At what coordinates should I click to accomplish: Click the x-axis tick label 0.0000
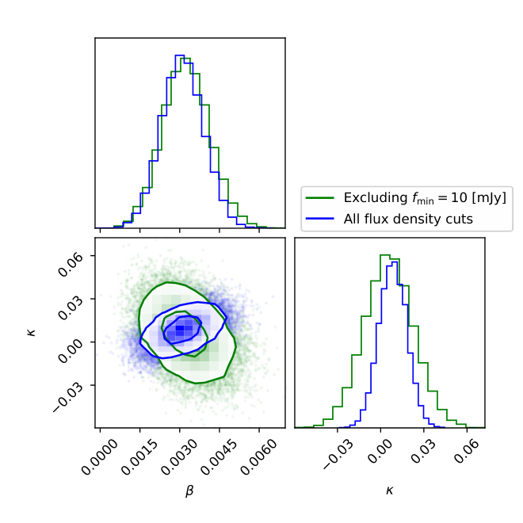pyautogui.click(x=99, y=456)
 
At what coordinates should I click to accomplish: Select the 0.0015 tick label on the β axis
pyautogui.click(x=139, y=456)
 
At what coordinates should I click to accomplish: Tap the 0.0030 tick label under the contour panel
pyautogui.click(x=179, y=456)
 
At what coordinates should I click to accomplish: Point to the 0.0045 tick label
pyautogui.click(x=219, y=456)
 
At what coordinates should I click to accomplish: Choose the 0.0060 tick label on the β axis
pyautogui.click(x=258, y=456)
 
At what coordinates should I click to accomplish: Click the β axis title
pyautogui.click(x=189, y=491)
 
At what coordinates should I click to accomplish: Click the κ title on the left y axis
pyautogui.click(x=32, y=333)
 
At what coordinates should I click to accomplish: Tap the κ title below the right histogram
pyautogui.click(x=390, y=491)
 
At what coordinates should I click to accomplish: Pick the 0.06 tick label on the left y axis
pyautogui.click(x=70, y=264)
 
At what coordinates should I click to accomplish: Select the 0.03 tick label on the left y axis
pyautogui.click(x=70, y=307)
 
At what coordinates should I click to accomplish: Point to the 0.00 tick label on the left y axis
pyautogui.click(x=70, y=350)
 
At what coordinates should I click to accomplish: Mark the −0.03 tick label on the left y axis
pyautogui.click(x=67, y=397)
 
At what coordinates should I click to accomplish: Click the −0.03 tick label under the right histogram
pyautogui.click(x=338, y=454)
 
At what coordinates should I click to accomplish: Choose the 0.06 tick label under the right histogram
pyautogui.click(x=466, y=451)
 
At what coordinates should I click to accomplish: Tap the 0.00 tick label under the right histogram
pyautogui.click(x=380, y=451)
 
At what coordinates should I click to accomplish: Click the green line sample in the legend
pyautogui.click(x=320, y=198)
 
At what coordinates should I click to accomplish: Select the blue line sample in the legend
pyautogui.click(x=320, y=219)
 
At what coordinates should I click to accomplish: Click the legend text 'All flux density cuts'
pyautogui.click(x=408, y=219)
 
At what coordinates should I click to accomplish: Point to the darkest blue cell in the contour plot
pyautogui.click(x=180, y=328)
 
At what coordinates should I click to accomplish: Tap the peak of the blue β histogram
pyautogui.click(x=180, y=55)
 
